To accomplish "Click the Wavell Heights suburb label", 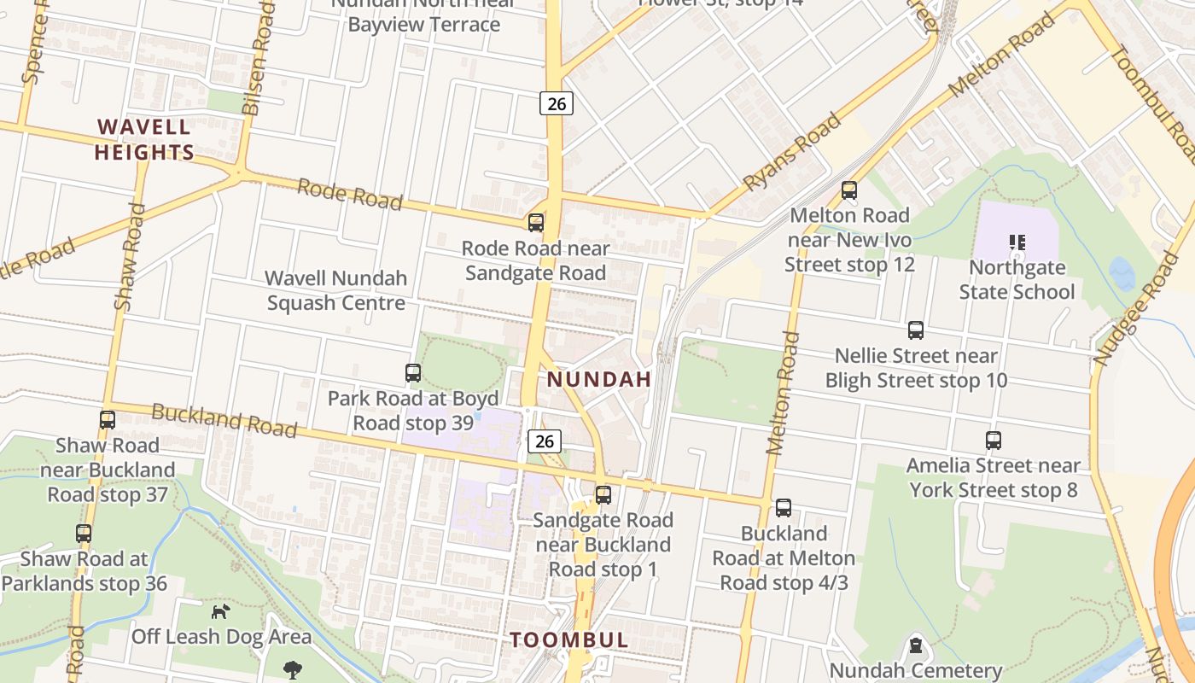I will click(143, 140).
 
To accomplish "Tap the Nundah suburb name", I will click(598, 379).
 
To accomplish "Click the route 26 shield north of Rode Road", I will click(556, 104).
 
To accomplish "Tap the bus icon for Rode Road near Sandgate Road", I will click(535, 223).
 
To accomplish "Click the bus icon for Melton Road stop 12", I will click(848, 190).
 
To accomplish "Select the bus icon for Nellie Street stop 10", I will click(915, 330).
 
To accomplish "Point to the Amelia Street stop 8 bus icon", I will click(993, 441).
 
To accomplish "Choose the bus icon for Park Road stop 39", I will click(412, 373).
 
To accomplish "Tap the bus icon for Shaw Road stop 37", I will click(107, 420).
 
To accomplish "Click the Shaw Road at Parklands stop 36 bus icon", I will click(83, 534).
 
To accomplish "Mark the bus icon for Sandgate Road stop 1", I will click(603, 494).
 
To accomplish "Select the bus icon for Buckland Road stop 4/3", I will click(783, 508).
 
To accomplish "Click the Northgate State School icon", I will click(1017, 242).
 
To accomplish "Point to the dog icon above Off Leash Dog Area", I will click(220, 611).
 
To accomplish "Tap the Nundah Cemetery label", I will click(915, 670).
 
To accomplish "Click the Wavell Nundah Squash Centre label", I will click(335, 290).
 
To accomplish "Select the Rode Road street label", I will click(349, 194).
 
